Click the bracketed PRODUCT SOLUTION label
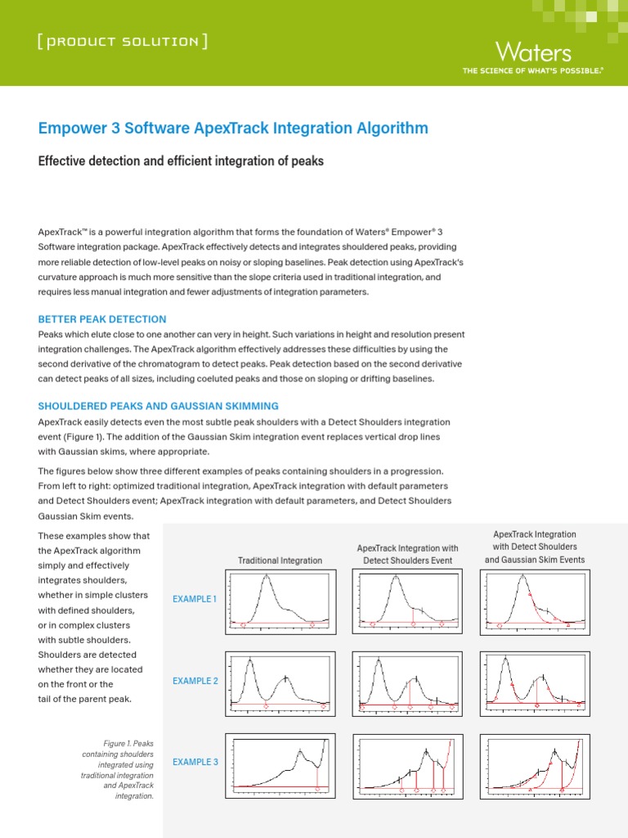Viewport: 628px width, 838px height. [122, 41]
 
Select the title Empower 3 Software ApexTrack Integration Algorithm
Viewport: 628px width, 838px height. [233, 128]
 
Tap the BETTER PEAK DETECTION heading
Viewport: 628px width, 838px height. [102, 319]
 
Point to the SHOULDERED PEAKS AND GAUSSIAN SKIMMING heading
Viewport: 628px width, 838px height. [159, 406]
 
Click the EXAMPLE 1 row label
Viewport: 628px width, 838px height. [195, 599]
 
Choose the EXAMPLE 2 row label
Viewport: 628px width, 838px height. [195, 681]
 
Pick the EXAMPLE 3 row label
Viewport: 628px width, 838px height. [195, 762]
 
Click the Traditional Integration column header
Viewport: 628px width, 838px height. [280, 561]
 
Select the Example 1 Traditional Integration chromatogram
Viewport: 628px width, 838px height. [280, 602]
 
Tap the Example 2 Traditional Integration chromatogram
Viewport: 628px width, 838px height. [280, 683]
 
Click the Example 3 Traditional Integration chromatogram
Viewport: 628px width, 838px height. [280, 764]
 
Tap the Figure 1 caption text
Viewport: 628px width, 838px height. [120, 769]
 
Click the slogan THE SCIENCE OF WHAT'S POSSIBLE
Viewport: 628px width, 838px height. [532, 72]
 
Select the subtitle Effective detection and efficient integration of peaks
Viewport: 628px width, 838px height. [181, 161]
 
